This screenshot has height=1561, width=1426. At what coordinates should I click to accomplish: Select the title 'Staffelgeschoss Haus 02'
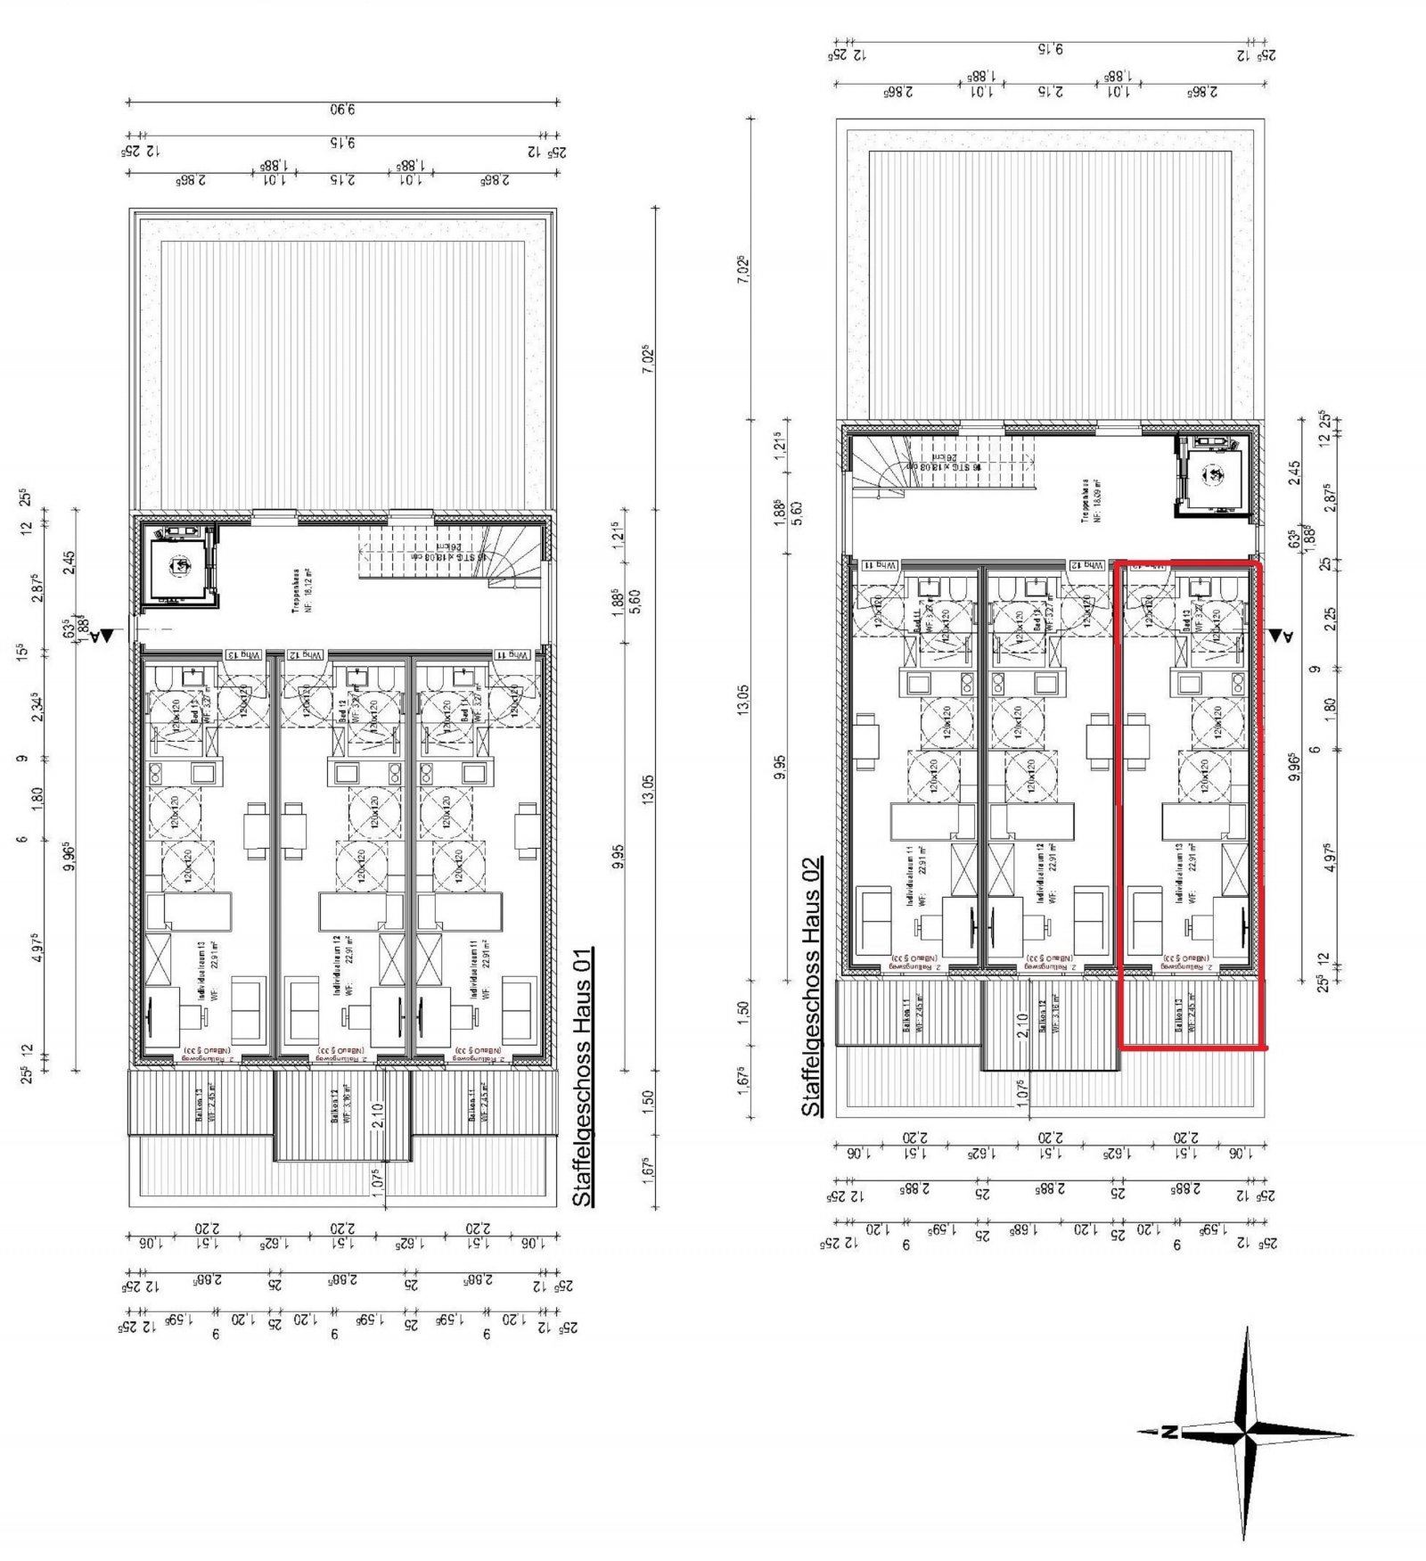click(x=812, y=987)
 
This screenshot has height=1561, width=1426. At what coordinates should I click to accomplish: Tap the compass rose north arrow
click(x=1169, y=1434)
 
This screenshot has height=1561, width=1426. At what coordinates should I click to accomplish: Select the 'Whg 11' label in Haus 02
click(x=878, y=565)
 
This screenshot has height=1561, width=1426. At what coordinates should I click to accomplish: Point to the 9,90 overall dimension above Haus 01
click(x=343, y=111)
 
